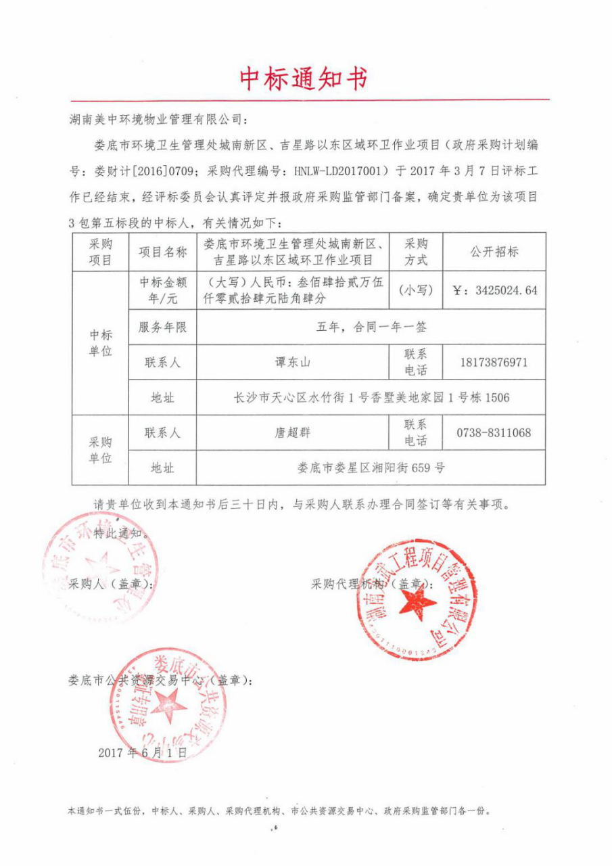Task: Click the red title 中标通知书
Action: (304, 79)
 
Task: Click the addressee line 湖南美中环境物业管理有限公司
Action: (160, 120)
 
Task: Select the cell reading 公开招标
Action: (494, 252)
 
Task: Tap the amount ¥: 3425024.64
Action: (494, 290)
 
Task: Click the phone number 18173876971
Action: (494, 363)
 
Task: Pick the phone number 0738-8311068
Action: (494, 433)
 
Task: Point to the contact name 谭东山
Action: (292, 363)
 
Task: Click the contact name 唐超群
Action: (292, 433)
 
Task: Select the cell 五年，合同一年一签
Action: (371, 327)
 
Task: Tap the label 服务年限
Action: (163, 327)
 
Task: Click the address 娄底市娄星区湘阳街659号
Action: (371, 468)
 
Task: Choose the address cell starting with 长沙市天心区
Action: (371, 398)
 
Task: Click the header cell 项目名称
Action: (163, 252)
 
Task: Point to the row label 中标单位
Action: (101, 344)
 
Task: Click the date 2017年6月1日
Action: (141, 752)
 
